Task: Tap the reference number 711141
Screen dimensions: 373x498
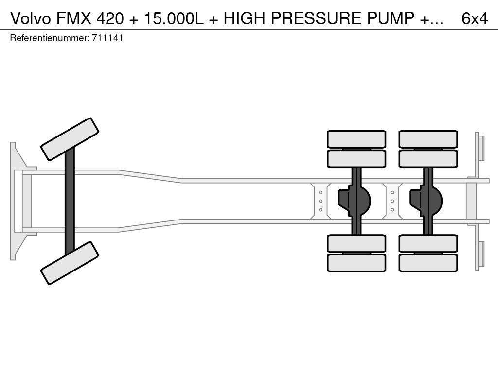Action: (x=107, y=38)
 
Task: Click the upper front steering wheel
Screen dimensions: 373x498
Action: (x=70, y=139)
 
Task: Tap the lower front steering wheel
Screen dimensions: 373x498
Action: (x=70, y=263)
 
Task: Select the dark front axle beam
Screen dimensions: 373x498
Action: (x=70, y=201)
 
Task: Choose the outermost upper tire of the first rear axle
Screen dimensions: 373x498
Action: (x=356, y=139)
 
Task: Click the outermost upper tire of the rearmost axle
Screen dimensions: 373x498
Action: (x=428, y=139)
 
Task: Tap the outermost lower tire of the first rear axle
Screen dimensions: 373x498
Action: (x=356, y=263)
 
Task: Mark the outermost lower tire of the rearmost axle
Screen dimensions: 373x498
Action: (x=428, y=263)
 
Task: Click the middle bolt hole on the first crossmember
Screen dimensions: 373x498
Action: (x=321, y=201)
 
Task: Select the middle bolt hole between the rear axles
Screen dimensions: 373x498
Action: (x=392, y=201)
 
